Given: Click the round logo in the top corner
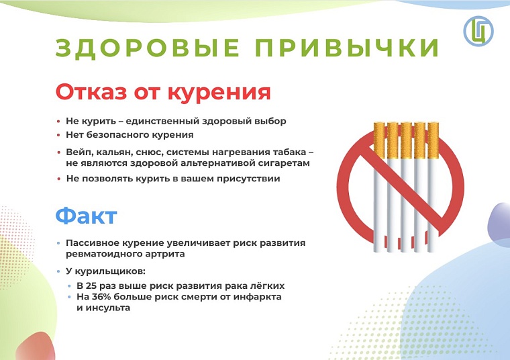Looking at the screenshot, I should [x=478, y=30].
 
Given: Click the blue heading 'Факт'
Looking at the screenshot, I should [x=86, y=216].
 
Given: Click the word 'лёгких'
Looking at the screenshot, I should [x=270, y=285].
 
